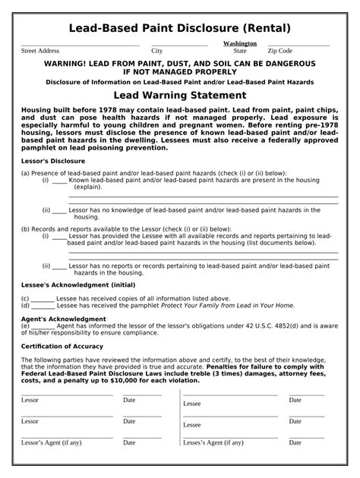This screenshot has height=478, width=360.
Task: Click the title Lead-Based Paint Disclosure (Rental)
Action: pyautogui.click(x=180, y=28)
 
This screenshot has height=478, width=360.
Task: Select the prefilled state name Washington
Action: pyautogui.click(x=240, y=44)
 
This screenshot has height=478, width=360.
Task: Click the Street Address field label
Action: pyautogui.click(x=40, y=51)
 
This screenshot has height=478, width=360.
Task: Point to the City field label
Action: pyautogui.click(x=157, y=51)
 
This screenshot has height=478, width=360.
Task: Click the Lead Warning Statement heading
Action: pyautogui.click(x=180, y=96)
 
